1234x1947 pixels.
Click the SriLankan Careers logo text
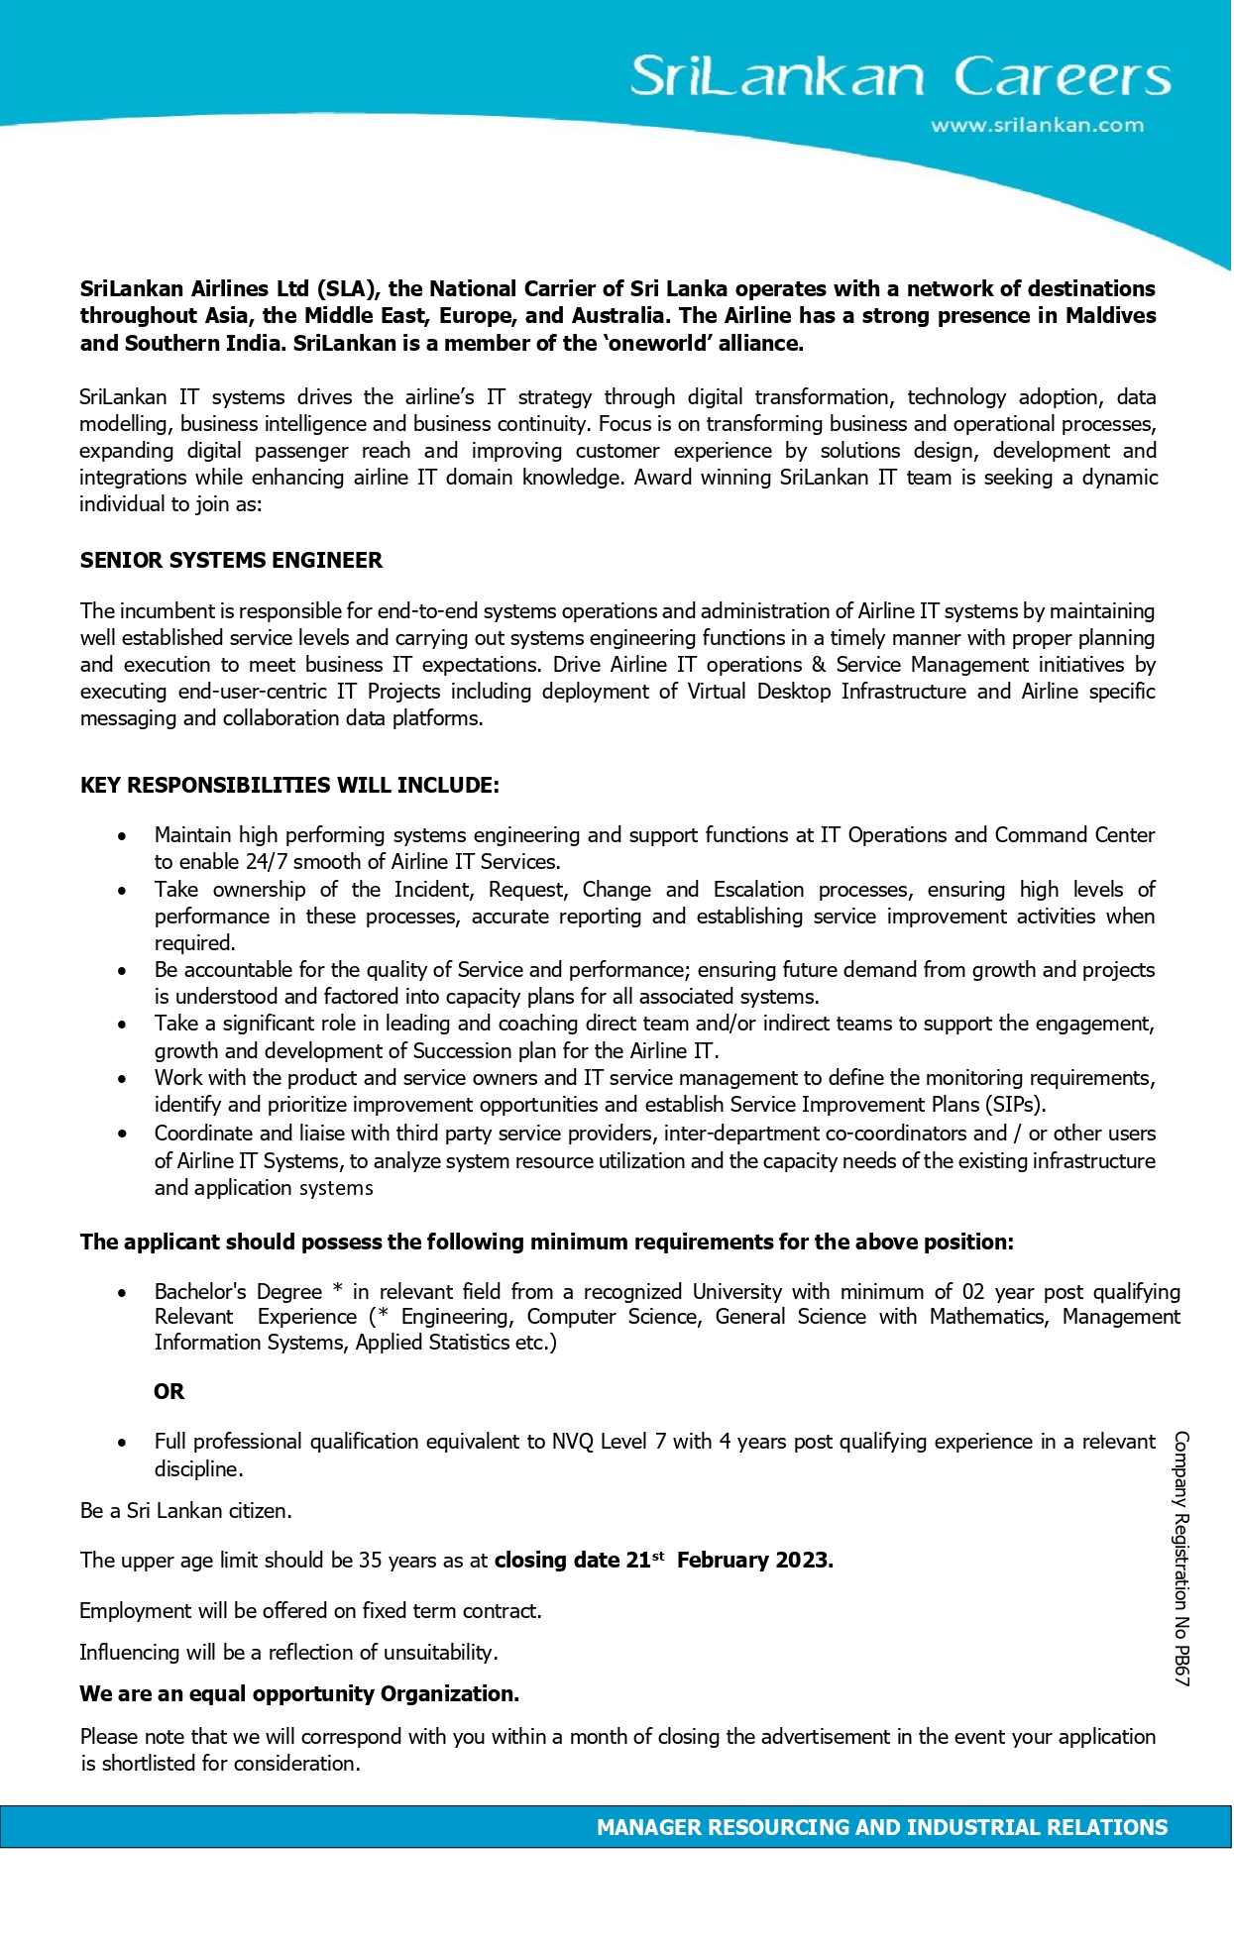[900, 76]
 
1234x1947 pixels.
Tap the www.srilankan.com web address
[1037, 126]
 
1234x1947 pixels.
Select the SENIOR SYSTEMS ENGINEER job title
[231, 561]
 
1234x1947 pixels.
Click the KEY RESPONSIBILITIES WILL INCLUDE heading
[289, 786]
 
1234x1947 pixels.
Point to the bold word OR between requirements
[168, 1392]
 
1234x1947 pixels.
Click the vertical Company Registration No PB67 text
[1181, 1558]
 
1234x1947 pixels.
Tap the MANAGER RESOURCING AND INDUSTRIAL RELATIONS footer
[882, 1827]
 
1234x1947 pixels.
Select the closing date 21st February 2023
[664, 1561]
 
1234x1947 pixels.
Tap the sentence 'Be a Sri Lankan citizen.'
[186, 1511]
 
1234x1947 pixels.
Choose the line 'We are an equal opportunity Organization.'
[299, 1694]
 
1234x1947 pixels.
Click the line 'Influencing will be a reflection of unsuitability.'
[288, 1653]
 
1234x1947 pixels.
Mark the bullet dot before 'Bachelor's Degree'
[122, 1293]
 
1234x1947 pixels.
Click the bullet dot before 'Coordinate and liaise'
[122, 1134]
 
